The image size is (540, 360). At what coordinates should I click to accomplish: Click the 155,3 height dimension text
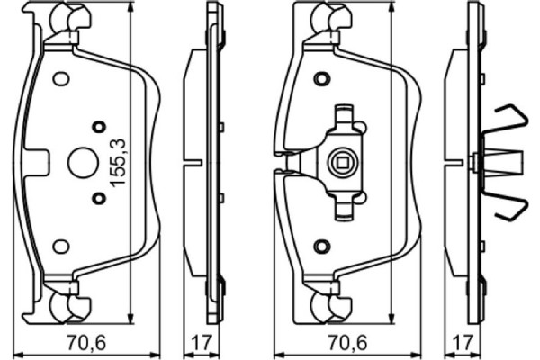point(116,160)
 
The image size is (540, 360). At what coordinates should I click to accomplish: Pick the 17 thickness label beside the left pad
point(202,342)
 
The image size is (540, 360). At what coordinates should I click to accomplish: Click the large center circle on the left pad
point(81,162)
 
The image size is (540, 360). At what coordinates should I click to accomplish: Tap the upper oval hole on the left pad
point(61,78)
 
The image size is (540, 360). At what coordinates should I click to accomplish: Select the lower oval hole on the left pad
point(61,246)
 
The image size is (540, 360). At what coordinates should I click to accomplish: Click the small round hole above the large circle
point(100,126)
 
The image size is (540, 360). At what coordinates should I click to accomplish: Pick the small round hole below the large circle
point(100,198)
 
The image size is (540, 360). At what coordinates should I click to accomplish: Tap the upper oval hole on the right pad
point(320,78)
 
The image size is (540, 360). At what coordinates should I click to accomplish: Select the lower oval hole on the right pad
point(320,246)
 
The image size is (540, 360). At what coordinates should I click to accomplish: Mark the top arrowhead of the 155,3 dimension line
point(133,7)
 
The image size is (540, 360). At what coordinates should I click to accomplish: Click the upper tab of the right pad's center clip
point(343,115)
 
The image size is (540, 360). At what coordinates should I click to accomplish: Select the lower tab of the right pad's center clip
point(343,209)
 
